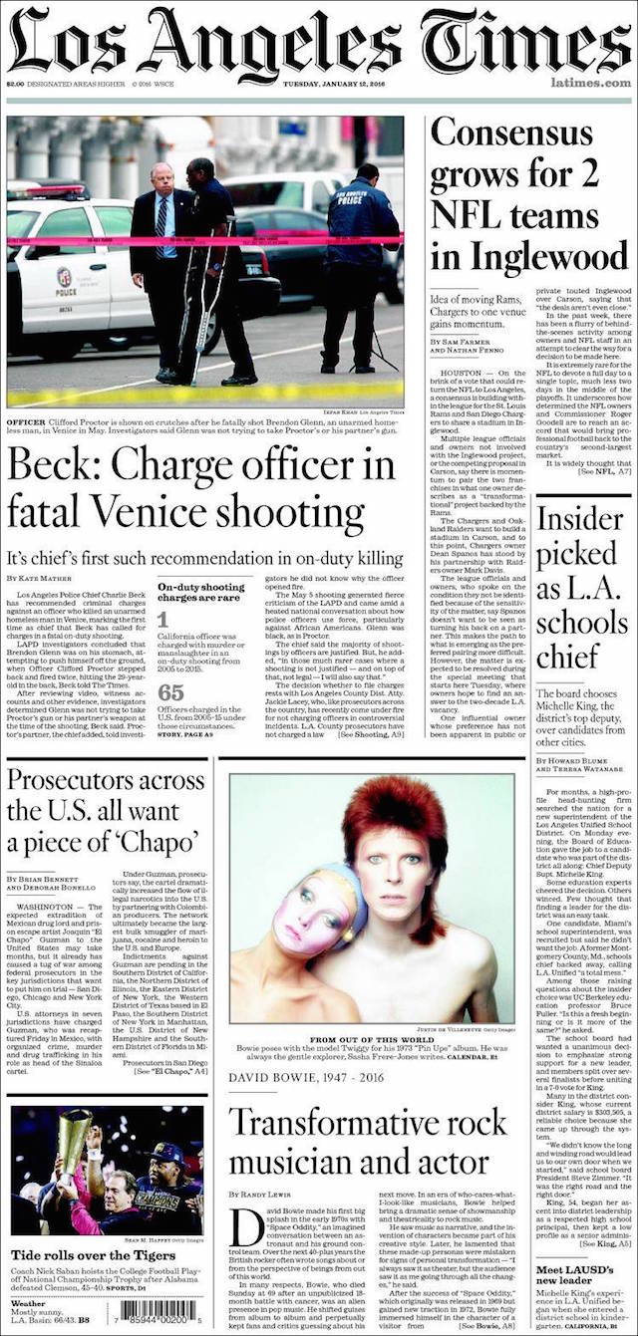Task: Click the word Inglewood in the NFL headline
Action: tap(528, 257)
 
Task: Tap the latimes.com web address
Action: tap(596, 84)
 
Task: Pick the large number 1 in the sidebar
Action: tap(162, 619)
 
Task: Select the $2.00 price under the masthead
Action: tap(16, 84)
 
